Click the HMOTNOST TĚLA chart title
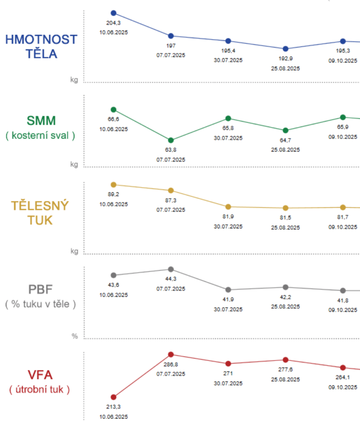41,46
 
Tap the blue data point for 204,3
114,13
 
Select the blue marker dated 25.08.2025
286,49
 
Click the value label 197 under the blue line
171,46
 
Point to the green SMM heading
41,121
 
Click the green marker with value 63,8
171,140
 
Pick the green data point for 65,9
343,117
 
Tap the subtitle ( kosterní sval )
41,135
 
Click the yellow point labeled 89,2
114,185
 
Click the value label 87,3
171,200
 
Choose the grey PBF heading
40,289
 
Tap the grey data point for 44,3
171,269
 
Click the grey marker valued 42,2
286,287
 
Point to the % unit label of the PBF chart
75,336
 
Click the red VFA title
40,375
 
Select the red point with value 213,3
114,397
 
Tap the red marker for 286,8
171,354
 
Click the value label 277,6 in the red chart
286,370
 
